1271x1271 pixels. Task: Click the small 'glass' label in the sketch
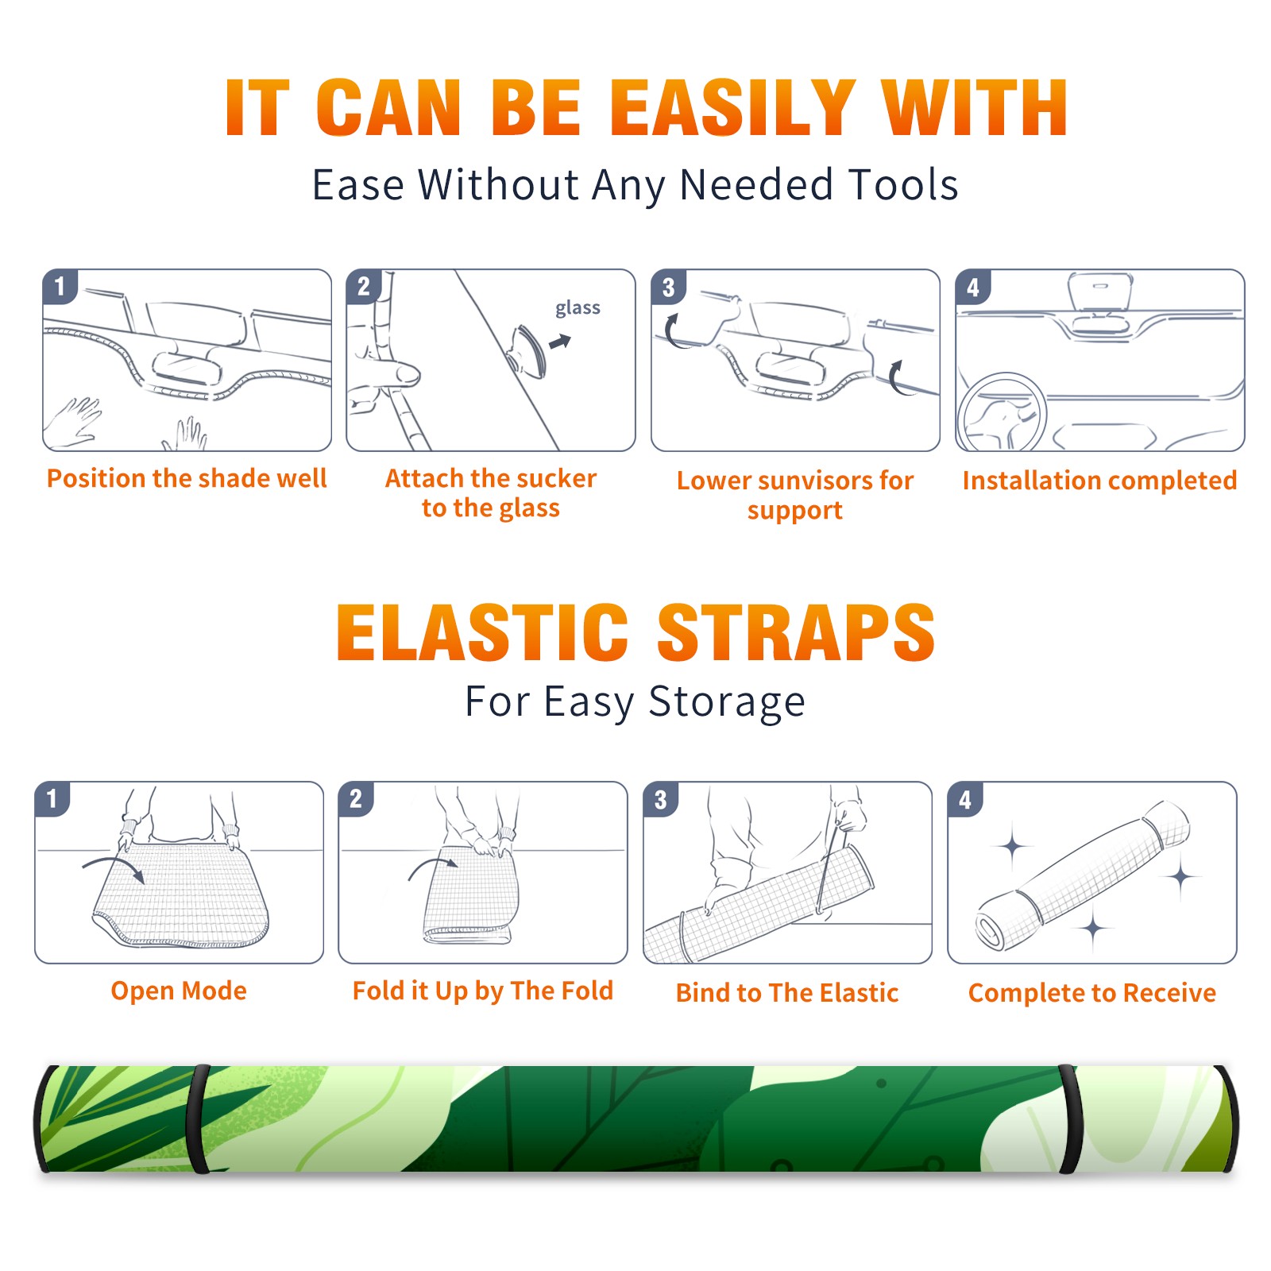pos(578,308)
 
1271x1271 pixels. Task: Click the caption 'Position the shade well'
pos(187,478)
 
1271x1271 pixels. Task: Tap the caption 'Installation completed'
pos(1099,481)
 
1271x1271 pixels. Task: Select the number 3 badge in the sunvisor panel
pos(667,288)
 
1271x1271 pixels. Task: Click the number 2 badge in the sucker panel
pos(363,287)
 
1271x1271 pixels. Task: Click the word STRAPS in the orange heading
pos(796,632)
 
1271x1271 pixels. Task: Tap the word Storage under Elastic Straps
pos(727,702)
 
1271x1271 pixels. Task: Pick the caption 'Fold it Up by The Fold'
pos(483,991)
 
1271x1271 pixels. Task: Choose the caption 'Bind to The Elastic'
pos(787,993)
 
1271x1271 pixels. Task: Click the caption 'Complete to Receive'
pos(1092,993)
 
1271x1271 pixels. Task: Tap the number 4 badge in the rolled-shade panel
pos(964,799)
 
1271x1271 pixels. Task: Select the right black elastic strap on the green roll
pos(1070,1118)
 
